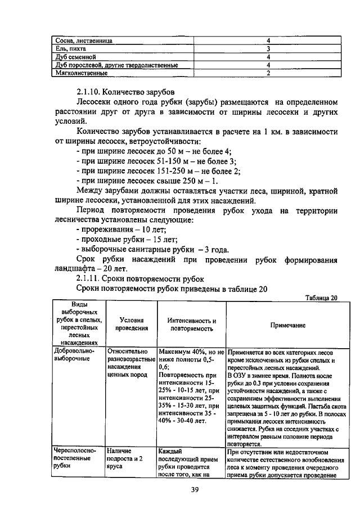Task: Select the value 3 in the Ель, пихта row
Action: (x=268, y=49)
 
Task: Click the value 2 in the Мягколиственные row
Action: (x=268, y=73)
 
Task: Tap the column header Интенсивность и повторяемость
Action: (x=192, y=325)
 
